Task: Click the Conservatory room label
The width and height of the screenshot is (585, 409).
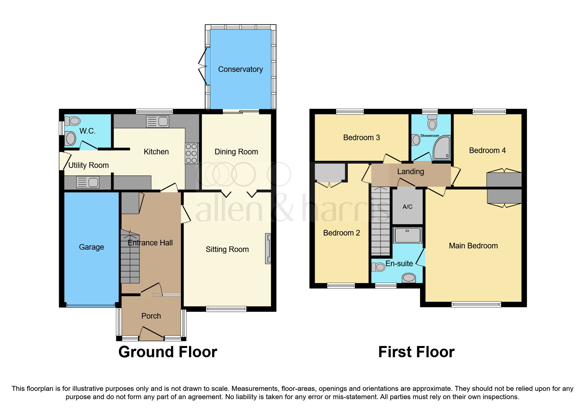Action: (240, 69)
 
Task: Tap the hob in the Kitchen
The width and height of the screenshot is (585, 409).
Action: (191, 153)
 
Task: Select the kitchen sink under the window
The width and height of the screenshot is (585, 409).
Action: (158, 121)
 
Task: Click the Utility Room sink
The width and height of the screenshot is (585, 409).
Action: (88, 182)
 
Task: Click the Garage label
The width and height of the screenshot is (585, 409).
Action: (91, 247)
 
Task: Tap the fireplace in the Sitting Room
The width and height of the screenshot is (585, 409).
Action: (268, 249)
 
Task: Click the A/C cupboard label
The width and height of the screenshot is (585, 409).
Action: (407, 207)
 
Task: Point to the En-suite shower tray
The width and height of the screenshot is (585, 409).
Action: (408, 235)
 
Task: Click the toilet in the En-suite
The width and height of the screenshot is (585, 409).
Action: (378, 267)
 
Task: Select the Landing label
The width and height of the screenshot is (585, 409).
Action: (410, 172)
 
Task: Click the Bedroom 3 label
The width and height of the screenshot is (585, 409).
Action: (361, 138)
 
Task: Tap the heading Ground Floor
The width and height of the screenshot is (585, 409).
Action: (168, 352)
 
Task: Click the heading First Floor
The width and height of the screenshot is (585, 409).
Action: (416, 352)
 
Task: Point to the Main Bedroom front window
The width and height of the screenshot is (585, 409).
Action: (476, 304)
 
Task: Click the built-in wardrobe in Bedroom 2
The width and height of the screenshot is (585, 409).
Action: (329, 172)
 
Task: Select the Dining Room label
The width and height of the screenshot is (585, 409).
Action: (236, 152)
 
